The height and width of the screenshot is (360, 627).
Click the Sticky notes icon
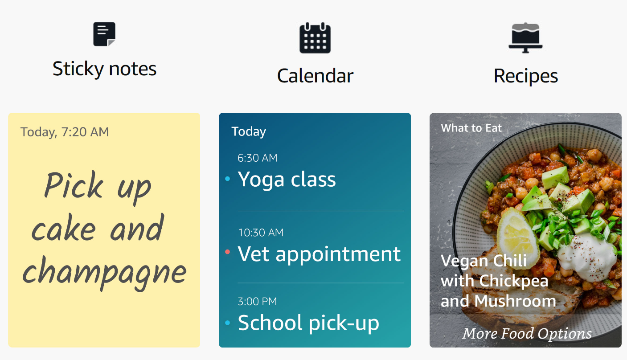click(104, 34)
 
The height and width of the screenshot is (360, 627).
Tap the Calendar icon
click(315, 38)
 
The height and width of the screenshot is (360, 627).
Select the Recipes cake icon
click(525, 37)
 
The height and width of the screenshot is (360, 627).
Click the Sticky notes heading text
click(104, 69)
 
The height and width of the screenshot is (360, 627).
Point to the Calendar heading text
click(315, 76)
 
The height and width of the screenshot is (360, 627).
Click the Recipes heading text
click(526, 76)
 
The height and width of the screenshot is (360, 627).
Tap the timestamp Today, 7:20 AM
click(65, 132)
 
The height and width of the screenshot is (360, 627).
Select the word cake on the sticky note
click(64, 228)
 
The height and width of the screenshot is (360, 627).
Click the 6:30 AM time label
click(257, 158)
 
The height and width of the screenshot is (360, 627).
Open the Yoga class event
click(287, 180)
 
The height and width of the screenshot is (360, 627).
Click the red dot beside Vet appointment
click(228, 252)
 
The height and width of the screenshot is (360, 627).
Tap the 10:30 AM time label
click(261, 233)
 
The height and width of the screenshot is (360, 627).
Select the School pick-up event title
click(308, 323)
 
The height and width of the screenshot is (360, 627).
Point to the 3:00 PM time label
click(257, 302)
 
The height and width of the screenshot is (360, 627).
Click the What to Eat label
click(471, 128)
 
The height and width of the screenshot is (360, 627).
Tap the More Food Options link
click(527, 334)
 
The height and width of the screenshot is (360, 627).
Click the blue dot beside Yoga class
click(228, 179)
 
